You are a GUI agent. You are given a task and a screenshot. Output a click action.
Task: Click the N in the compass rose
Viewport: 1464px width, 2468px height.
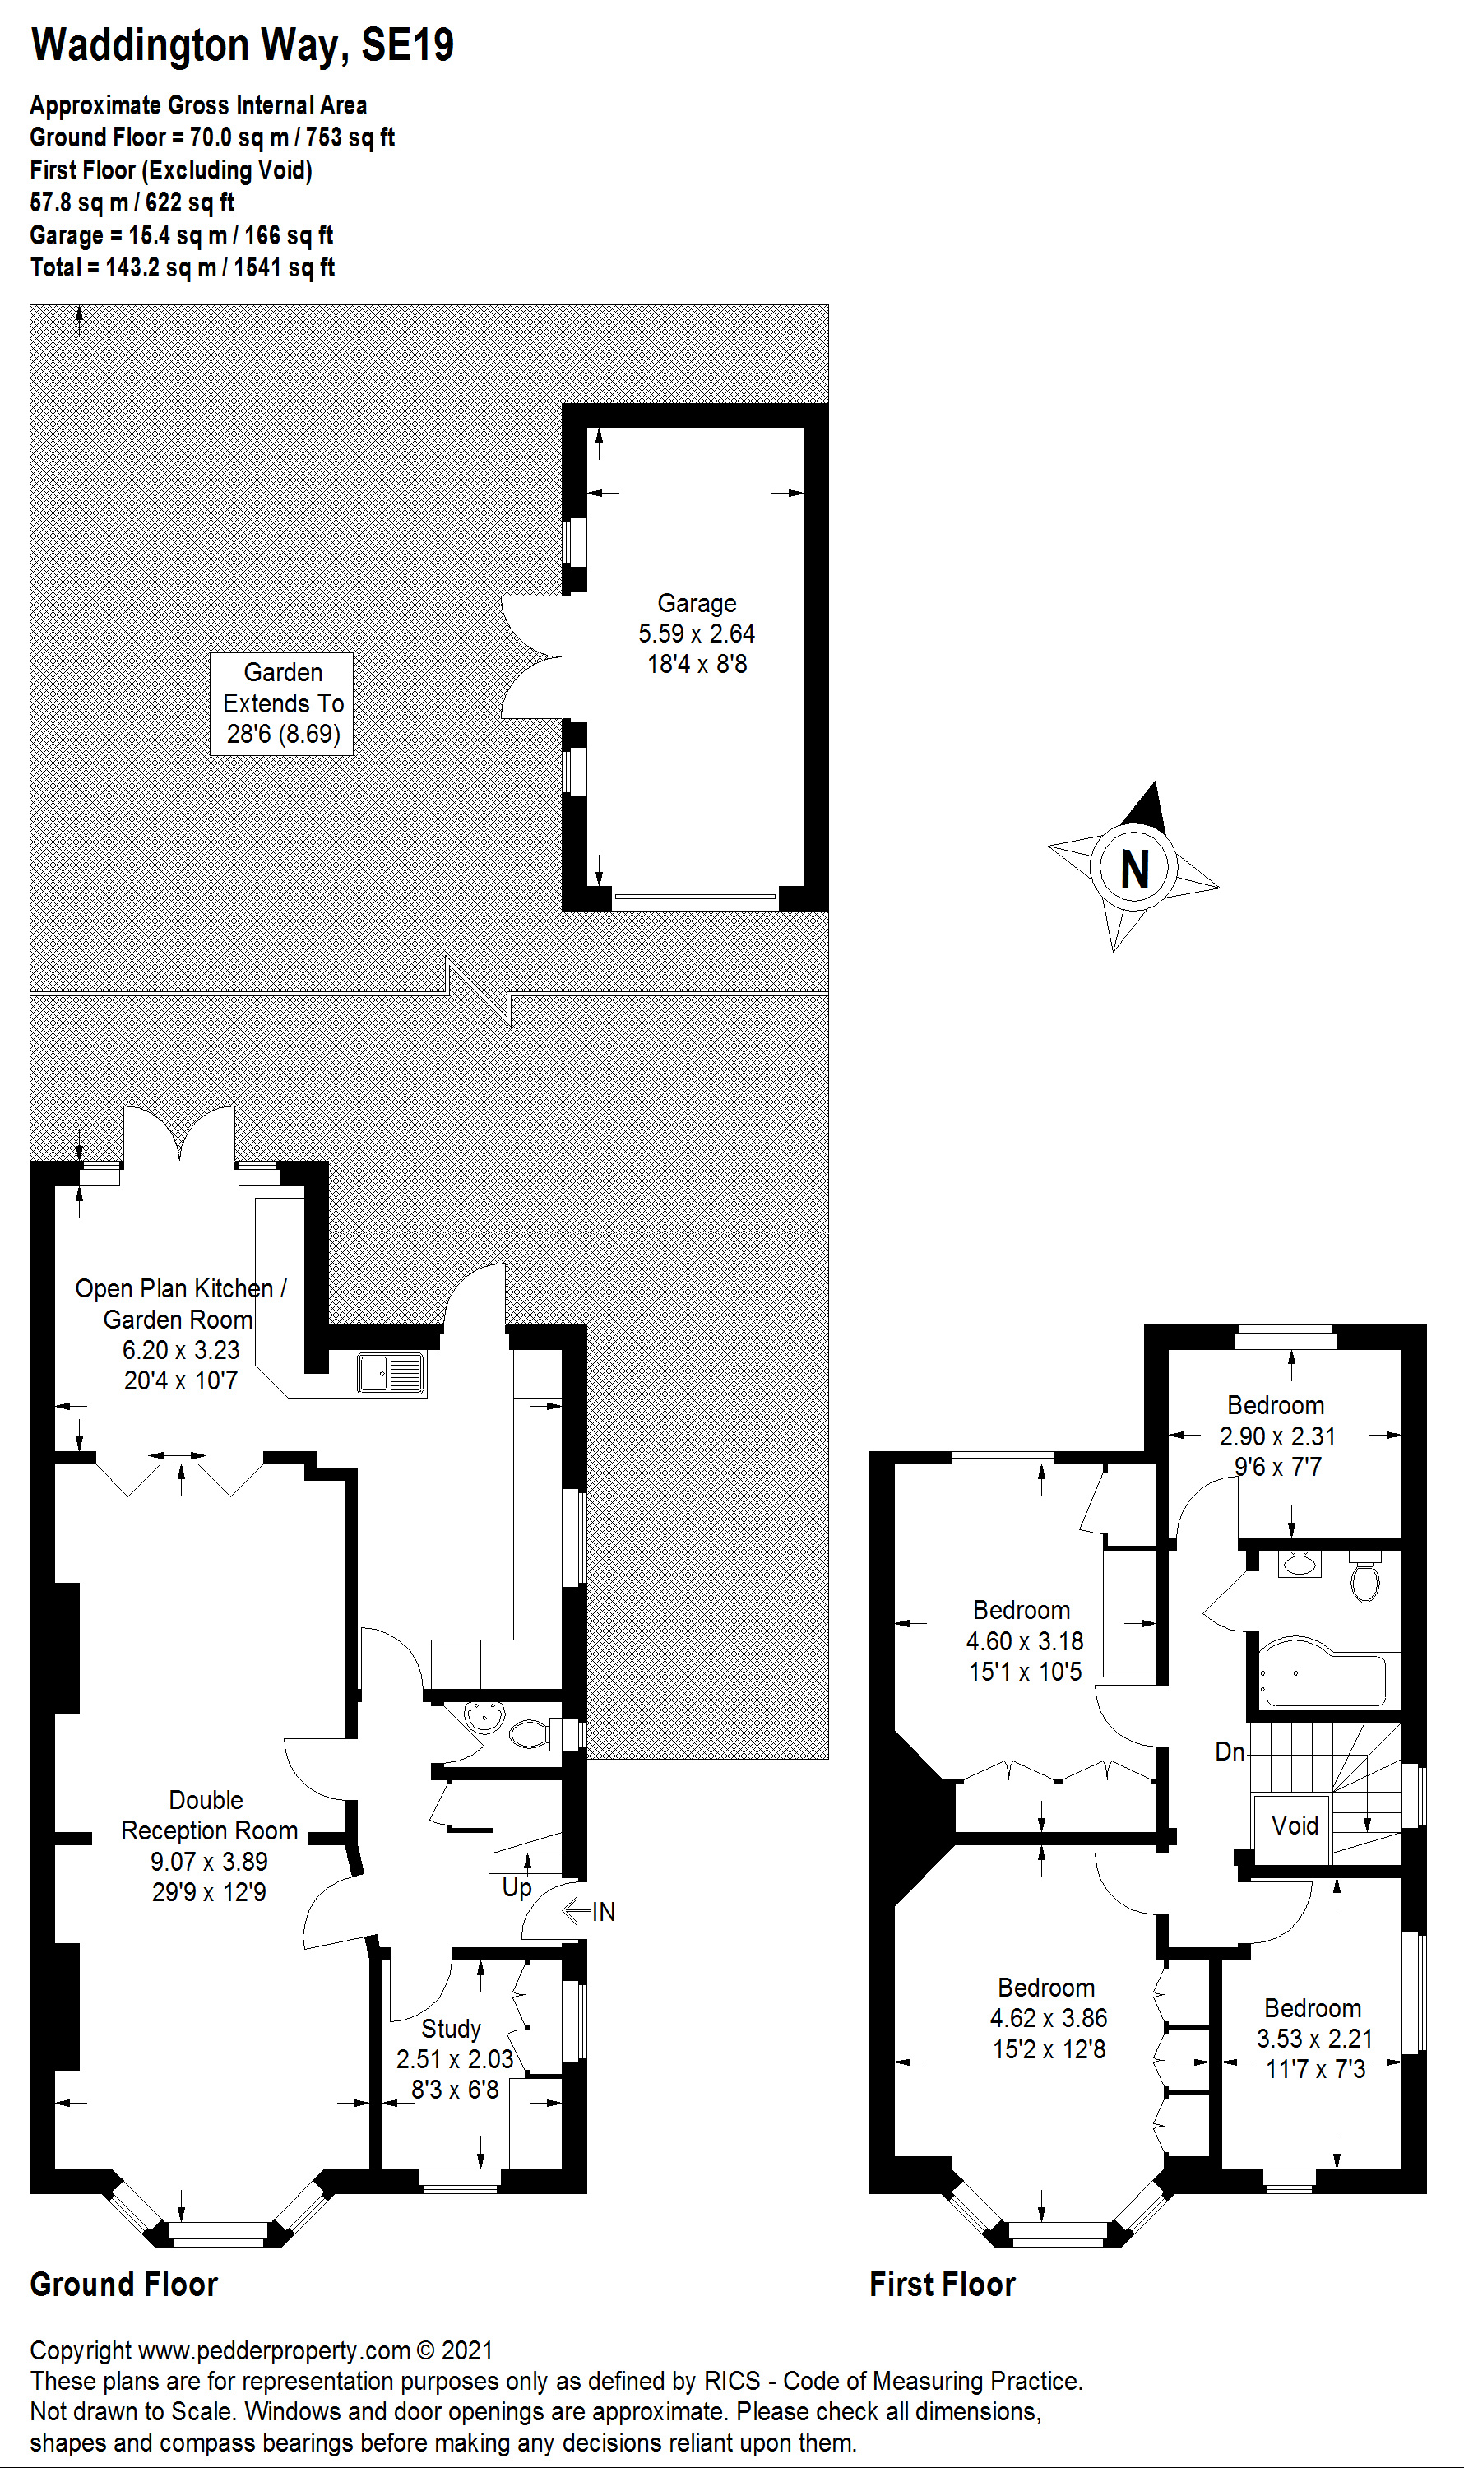click(x=1134, y=870)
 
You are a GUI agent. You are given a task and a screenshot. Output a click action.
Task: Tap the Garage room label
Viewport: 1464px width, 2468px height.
click(x=697, y=603)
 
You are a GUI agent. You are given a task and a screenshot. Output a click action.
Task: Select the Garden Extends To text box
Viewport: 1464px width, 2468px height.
click(x=282, y=703)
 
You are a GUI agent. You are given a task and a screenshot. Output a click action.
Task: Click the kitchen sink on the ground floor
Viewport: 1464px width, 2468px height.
click(x=391, y=1373)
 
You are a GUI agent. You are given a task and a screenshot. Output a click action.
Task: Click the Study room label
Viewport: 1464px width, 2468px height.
click(x=451, y=2029)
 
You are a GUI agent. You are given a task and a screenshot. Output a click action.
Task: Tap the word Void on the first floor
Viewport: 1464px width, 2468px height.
click(x=1295, y=1825)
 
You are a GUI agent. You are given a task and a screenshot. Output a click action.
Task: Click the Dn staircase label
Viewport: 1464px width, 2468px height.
click(x=1230, y=1751)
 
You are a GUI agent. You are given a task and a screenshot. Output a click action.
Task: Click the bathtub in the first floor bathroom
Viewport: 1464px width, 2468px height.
click(x=1324, y=1672)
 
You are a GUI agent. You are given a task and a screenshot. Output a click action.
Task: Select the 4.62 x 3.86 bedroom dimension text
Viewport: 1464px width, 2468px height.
click(x=1048, y=2018)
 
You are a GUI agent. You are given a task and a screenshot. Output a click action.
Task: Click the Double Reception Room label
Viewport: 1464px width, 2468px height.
click(x=208, y=1816)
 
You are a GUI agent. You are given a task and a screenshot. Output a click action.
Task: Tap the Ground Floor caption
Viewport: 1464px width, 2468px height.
click(x=123, y=2284)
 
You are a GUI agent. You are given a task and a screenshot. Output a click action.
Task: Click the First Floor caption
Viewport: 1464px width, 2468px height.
click(x=941, y=2284)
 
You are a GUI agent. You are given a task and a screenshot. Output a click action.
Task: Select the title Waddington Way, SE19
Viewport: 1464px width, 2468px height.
click(x=242, y=45)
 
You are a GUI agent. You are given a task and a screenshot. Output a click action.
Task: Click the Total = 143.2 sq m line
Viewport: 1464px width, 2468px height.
click(x=183, y=267)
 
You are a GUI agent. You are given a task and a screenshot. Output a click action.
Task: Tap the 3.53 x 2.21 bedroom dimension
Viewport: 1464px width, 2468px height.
click(x=1314, y=2038)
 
